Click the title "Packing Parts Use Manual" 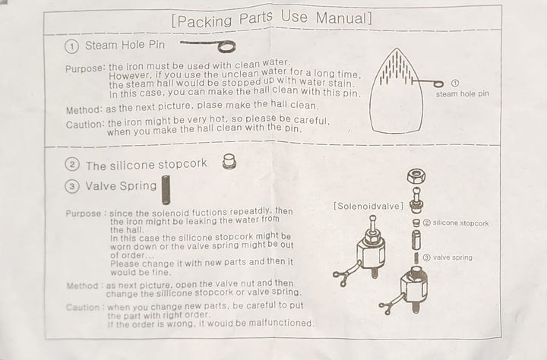272,19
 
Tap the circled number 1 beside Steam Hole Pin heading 71,46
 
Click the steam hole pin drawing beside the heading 209,46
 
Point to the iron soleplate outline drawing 397,91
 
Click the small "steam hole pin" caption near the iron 462,93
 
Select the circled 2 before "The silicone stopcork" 72,164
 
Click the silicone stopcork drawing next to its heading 229,162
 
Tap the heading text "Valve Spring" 121,185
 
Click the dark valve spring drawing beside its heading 166,189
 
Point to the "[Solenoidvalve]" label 368,206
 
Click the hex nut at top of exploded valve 416,175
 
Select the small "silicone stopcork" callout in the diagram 460,223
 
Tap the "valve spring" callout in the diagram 453,257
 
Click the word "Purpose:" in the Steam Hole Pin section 85,68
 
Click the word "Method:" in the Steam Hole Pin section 84,110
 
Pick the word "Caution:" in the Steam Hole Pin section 85,125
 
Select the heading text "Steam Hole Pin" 125,45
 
